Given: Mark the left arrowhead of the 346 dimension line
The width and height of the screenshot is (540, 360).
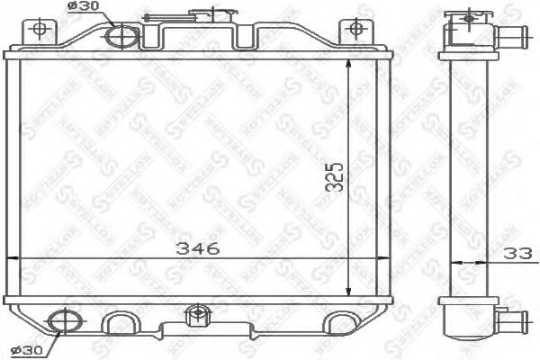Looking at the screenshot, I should click(x=22, y=261).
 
